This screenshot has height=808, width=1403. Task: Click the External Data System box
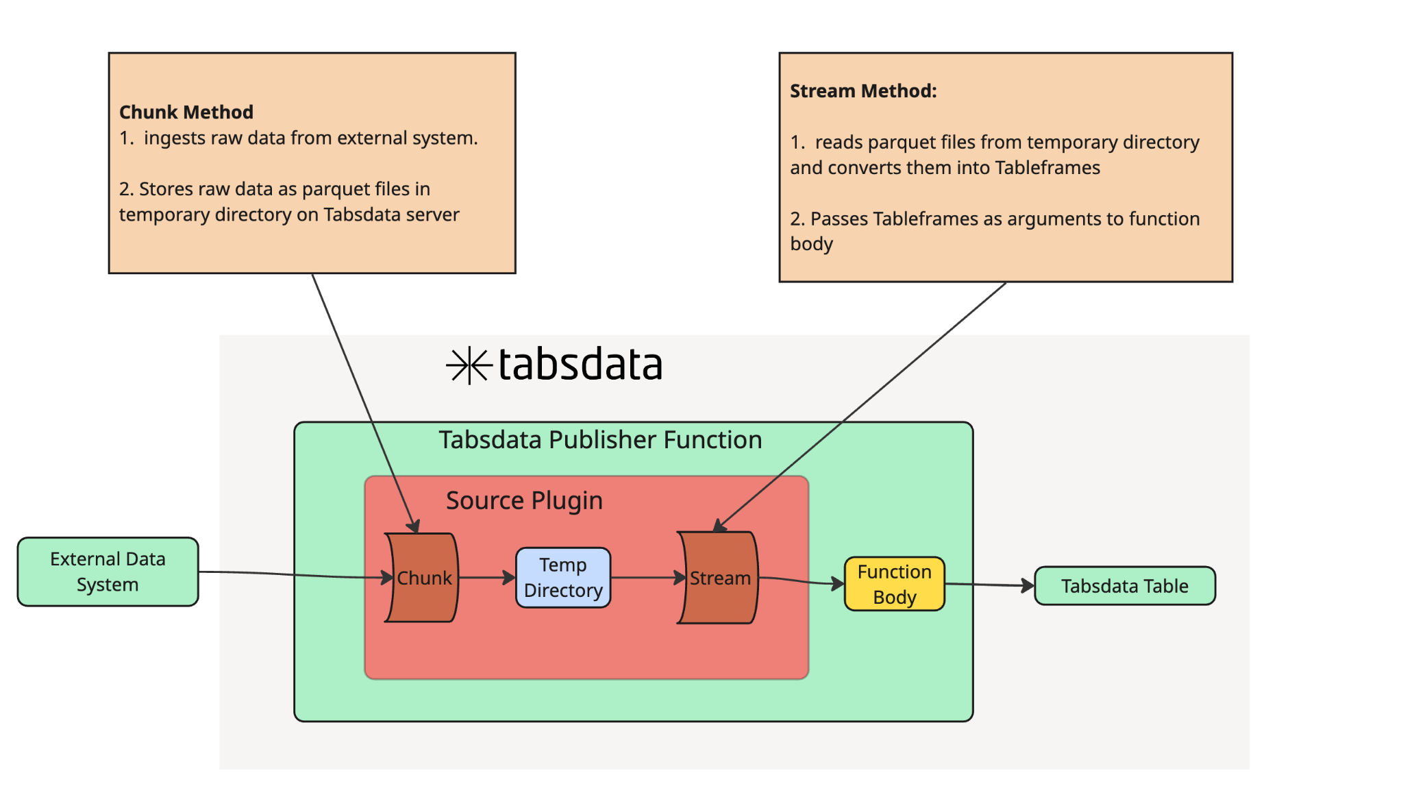pyautogui.click(x=108, y=572)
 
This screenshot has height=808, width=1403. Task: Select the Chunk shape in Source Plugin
pyautogui.click(x=423, y=578)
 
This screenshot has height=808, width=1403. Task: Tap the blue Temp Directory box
pyautogui.click(x=563, y=578)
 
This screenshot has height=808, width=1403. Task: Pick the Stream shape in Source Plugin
pyautogui.click(x=719, y=578)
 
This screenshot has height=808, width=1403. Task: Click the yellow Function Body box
pyautogui.click(x=894, y=584)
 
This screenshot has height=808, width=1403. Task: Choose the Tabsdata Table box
pyautogui.click(x=1124, y=586)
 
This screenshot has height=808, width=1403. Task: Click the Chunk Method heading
pyautogui.click(x=186, y=112)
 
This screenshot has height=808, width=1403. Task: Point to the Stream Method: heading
pyautogui.click(x=863, y=90)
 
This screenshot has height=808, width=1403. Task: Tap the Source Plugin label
pyautogui.click(x=524, y=500)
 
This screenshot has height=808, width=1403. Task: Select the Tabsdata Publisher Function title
pyautogui.click(x=600, y=440)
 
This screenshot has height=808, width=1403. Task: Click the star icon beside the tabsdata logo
pyautogui.click(x=469, y=365)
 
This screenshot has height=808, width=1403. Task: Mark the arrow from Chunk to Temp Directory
pyautogui.click(x=486, y=578)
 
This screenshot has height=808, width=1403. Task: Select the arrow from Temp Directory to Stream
pyautogui.click(x=647, y=578)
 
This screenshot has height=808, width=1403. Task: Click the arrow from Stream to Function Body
pyautogui.click(x=802, y=581)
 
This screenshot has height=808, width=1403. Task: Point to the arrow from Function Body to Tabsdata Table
pyautogui.click(x=989, y=585)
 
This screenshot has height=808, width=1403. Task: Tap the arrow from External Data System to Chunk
pyautogui.click(x=295, y=575)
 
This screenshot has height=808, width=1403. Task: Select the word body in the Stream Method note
pyautogui.click(x=811, y=244)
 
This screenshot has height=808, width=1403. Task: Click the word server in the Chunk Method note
pyautogui.click(x=432, y=215)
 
